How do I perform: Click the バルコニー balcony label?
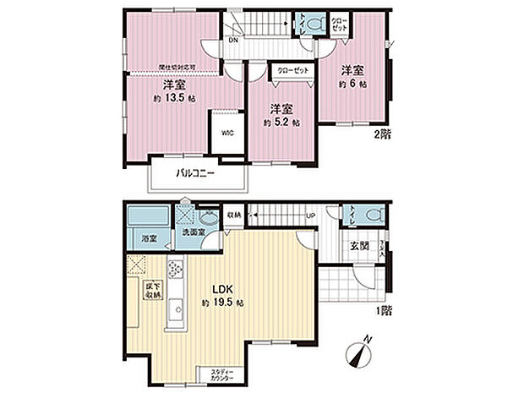pos(195,174)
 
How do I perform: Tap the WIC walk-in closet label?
pos(228,134)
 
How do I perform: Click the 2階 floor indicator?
pos(383,134)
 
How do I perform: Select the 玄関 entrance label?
pos(357,246)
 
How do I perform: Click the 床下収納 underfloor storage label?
pos(152,290)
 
